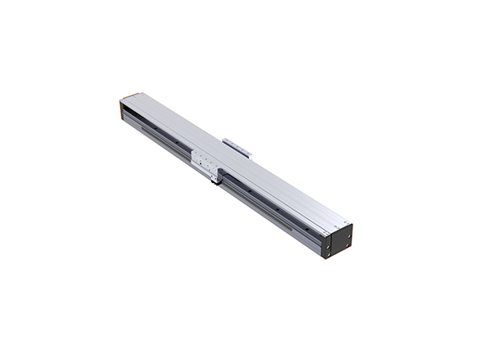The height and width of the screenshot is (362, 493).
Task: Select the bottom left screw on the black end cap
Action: tap(327, 252)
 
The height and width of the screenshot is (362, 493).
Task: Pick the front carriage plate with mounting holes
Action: tap(205, 163)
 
